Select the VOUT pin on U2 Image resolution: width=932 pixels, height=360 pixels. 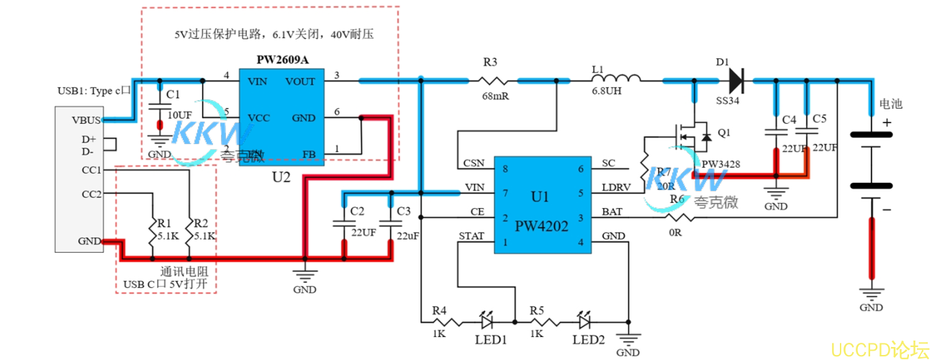[x=300, y=81]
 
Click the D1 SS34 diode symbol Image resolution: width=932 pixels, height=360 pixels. [x=735, y=77]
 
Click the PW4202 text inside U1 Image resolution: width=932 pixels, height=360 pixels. [x=541, y=226]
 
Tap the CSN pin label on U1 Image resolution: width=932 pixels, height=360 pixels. [x=474, y=163]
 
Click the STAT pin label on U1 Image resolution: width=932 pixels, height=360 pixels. [x=472, y=236]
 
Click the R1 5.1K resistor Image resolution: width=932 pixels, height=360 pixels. [x=153, y=229]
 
